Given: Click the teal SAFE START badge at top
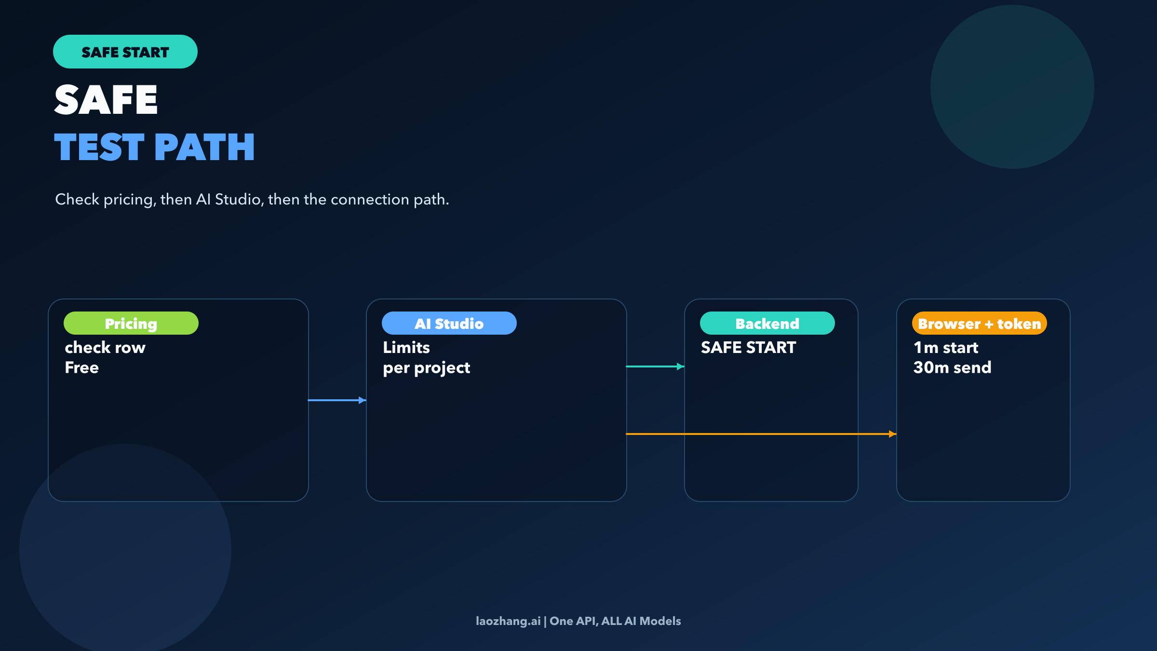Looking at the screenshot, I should point(125,52).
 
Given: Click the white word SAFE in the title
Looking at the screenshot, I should point(106,99).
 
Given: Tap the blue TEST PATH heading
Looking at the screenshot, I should point(154,147).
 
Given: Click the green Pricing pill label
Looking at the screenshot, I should point(131,323).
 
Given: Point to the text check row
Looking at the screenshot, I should point(105,347).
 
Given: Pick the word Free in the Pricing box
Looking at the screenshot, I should point(82,367).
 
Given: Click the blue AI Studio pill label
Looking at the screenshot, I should point(449,323).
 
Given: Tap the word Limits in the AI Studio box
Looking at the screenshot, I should point(406,347).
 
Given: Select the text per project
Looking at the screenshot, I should point(426,367).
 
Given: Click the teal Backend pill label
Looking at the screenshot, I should point(767,323).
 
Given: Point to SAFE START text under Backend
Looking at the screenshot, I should point(748,347).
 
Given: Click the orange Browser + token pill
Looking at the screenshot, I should point(979,323).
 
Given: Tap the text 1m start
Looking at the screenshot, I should point(946,347).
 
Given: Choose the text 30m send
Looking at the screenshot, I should point(952,367).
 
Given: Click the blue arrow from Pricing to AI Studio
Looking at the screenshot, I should point(336,400).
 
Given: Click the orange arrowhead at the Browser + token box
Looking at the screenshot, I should point(892,434).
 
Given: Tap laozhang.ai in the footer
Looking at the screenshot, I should point(508,621).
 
